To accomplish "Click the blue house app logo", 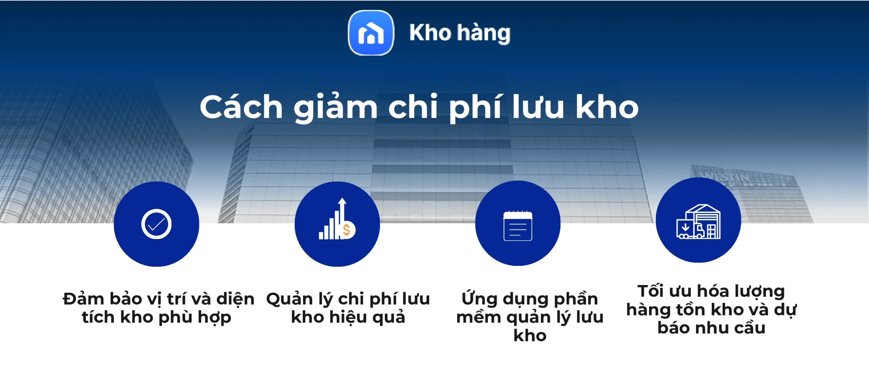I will click(371, 33).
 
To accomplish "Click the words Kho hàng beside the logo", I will click(460, 33).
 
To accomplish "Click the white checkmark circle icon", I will click(156, 224).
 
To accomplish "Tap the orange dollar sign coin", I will click(347, 230).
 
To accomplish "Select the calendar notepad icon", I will click(518, 226).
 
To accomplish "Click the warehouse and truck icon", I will click(698, 222).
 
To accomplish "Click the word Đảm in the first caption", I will click(84, 299).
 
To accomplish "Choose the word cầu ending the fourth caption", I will click(747, 328).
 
